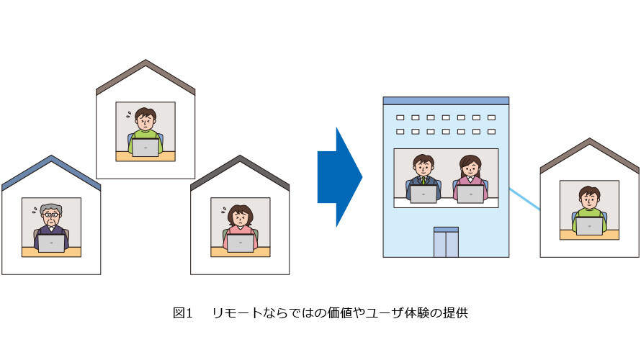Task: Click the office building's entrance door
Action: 446,242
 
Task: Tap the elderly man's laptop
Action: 51,243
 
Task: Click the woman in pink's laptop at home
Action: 241,243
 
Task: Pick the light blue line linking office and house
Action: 524,199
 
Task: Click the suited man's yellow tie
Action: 423,180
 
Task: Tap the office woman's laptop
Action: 470,194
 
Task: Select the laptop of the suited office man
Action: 423,194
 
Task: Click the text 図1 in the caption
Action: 182,313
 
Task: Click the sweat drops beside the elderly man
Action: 35,210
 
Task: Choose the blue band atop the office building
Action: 446,101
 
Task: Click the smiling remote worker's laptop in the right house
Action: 589,226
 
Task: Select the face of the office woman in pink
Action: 470,168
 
